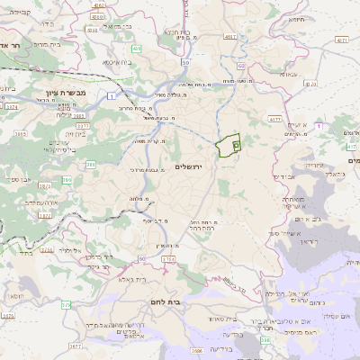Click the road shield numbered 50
coord(185,63)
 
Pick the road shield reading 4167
coord(230,37)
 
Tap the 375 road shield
coord(66,305)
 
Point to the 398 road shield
coord(265,340)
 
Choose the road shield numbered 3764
coord(167,259)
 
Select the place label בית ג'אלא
coord(141,280)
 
